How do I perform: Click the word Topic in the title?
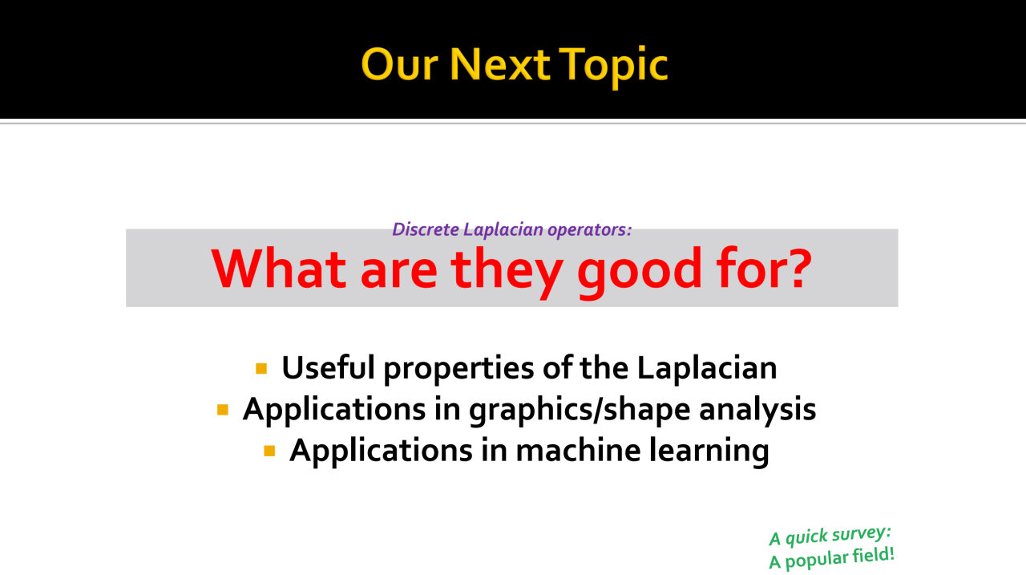click(613, 66)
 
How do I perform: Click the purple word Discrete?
click(426, 229)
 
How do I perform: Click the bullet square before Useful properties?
click(261, 368)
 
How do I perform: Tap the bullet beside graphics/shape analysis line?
click(223, 410)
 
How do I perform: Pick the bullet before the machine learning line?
click(269, 451)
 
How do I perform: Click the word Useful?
click(328, 367)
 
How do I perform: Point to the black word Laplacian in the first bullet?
click(707, 369)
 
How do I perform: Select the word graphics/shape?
click(580, 411)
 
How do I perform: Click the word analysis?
click(757, 411)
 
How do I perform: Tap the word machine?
click(578, 450)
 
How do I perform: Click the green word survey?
click(861, 534)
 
